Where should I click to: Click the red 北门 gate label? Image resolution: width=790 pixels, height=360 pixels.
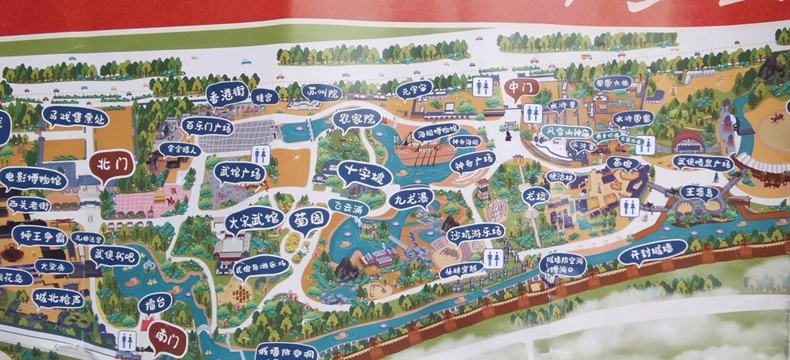(x=111, y=166)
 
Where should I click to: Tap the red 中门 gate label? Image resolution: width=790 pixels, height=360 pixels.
(x=522, y=88)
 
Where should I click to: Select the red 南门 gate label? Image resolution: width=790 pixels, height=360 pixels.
(x=168, y=338)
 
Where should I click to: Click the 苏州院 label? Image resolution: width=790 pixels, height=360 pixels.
(x=322, y=92)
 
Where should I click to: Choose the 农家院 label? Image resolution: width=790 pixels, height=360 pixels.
(x=356, y=120)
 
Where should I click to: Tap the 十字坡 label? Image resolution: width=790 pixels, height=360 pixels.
(x=364, y=172)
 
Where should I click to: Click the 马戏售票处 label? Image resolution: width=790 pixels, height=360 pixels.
(x=75, y=116)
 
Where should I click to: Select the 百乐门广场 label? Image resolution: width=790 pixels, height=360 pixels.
(x=208, y=127)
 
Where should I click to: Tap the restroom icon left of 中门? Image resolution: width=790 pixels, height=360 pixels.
(x=482, y=86)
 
